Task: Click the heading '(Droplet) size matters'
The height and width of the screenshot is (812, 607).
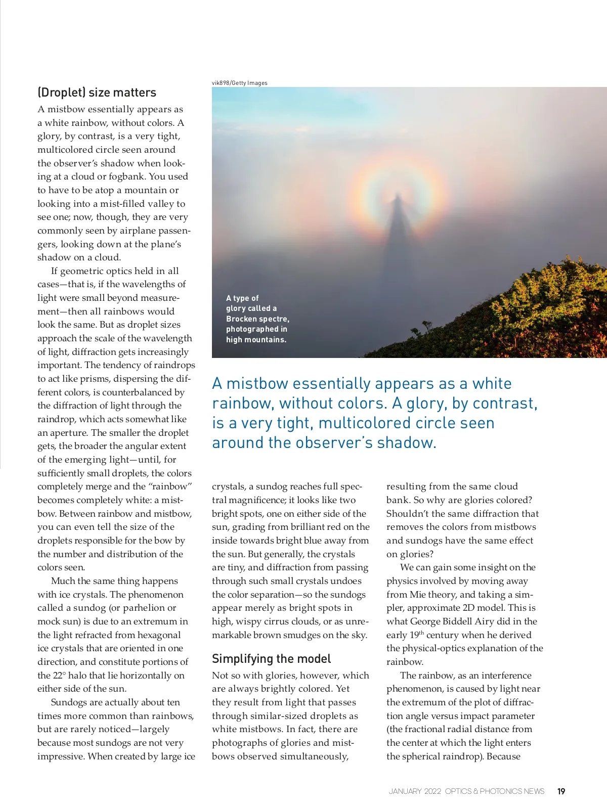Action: [x=97, y=93]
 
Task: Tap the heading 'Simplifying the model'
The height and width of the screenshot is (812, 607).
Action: [x=271, y=659]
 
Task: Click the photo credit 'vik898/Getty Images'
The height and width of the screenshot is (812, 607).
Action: [x=240, y=83]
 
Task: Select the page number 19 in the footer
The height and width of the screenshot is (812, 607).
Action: [x=561, y=791]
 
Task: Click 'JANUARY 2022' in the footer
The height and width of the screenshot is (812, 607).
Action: [x=415, y=791]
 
